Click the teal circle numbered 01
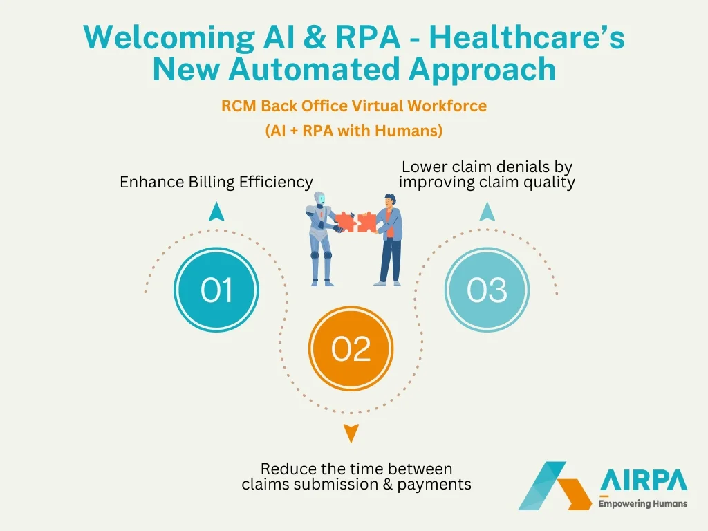coord(216,290)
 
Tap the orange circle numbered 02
coord(351,350)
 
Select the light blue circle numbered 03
coord(487,290)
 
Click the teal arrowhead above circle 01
coord(216,212)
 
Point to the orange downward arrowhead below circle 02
coord(351,433)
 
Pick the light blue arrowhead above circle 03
coord(487,212)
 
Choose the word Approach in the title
coord(482,69)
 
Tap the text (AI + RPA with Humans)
coord(353,130)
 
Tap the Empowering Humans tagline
coord(643,503)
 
